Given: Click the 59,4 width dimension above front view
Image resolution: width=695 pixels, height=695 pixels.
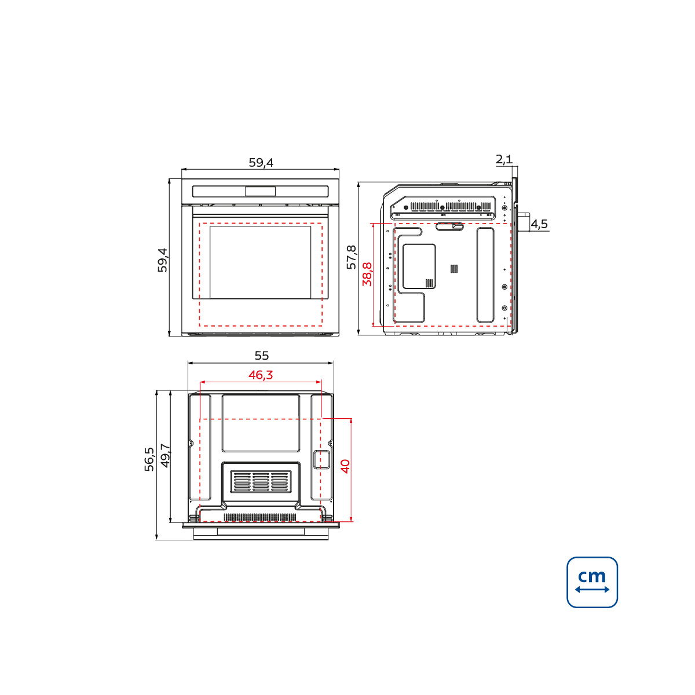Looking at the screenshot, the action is coord(261,163).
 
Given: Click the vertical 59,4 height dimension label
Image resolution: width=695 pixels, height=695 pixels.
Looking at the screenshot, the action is coord(163,259).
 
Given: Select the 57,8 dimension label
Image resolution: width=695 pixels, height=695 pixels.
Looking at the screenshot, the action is coord(352,257).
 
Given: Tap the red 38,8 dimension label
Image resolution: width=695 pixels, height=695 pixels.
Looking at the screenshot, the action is coord(367,275).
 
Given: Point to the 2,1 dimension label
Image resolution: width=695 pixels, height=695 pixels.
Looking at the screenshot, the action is coord(504,159).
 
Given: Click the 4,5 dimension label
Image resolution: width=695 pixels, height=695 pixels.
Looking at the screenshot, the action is coord(539,224).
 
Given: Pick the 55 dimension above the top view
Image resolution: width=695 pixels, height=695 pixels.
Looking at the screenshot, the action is coord(262,356).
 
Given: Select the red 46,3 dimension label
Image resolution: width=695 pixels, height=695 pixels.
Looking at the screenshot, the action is coord(261,375).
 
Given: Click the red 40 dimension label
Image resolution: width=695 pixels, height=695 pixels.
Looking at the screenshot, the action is coord(345,466).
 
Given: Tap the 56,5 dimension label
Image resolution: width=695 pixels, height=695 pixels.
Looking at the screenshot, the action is coord(149,459).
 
